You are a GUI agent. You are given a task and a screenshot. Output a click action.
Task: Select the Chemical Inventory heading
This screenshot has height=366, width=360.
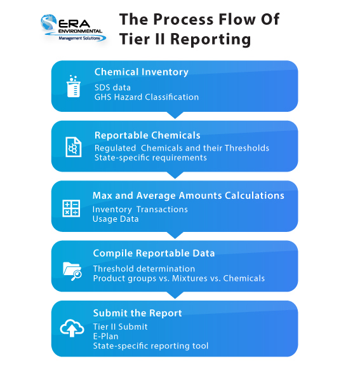pyautogui.click(x=141, y=72)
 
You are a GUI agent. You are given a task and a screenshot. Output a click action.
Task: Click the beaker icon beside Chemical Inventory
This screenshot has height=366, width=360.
pyautogui.click(x=73, y=86)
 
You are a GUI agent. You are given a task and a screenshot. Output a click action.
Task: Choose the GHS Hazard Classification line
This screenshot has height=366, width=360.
pyautogui.click(x=146, y=97)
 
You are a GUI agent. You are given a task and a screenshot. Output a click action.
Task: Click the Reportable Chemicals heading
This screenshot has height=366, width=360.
pyautogui.click(x=147, y=135)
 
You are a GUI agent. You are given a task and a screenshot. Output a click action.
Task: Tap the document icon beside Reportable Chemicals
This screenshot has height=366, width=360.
pyautogui.click(x=73, y=147)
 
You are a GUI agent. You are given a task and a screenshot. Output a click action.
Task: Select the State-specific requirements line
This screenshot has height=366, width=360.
pyautogui.click(x=150, y=158)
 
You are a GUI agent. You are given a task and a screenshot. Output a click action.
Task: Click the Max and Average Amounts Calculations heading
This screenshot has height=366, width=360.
pyautogui.click(x=188, y=196)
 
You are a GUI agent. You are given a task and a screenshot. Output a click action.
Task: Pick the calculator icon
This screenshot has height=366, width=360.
pyautogui.click(x=71, y=208)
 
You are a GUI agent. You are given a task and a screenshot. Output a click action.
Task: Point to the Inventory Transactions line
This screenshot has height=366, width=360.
pyautogui.click(x=140, y=209)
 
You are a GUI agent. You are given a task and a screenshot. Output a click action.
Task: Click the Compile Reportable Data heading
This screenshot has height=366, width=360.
pyautogui.click(x=154, y=253)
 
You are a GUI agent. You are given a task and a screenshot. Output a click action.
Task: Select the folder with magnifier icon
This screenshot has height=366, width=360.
pyautogui.click(x=72, y=269)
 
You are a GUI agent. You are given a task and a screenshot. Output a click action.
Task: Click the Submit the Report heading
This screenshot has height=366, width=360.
pyautogui.click(x=137, y=313)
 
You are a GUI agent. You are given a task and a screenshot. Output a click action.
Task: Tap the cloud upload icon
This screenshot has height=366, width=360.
pyautogui.click(x=72, y=328)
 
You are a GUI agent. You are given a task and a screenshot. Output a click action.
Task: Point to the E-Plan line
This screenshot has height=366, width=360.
pyautogui.click(x=106, y=336)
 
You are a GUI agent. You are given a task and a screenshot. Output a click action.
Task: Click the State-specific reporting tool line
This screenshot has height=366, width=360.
pyautogui.click(x=150, y=346)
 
